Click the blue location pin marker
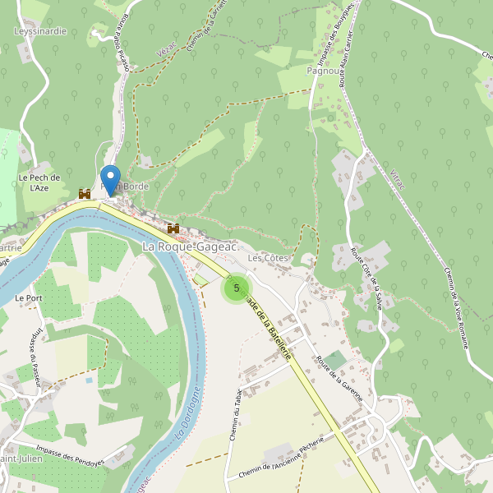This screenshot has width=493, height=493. pyautogui.click(x=109, y=179)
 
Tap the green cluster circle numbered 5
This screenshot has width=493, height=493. pyautogui.click(x=237, y=288)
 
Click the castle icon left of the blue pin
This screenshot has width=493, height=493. pyautogui.click(x=84, y=194)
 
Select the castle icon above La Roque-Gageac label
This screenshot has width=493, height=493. pyautogui.click(x=173, y=228)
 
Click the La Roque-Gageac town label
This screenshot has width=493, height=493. pyautogui.click(x=190, y=246)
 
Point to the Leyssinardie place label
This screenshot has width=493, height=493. pyautogui.click(x=40, y=31)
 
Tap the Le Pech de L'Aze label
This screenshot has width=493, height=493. pyautogui.click(x=39, y=182)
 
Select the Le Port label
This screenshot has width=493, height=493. pyautogui.click(x=28, y=297)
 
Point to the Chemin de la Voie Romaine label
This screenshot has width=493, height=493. pyautogui.click(x=455, y=307)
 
